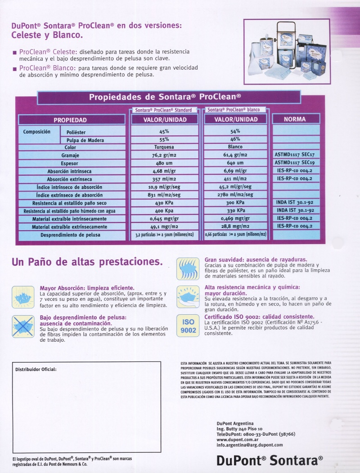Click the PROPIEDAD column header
[70, 120]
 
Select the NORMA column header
[295, 119]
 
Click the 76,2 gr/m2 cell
[164, 155]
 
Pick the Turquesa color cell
[164, 147]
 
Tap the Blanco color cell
[235, 147]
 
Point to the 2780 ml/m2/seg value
[235, 195]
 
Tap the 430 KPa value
[164, 203]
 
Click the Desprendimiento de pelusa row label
[70, 235]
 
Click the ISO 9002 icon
[188, 326]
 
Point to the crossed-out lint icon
[23, 326]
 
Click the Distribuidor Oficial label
[36, 369]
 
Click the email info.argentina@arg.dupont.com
[250, 445]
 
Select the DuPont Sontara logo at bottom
[270, 460]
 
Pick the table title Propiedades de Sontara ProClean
[165, 97]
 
